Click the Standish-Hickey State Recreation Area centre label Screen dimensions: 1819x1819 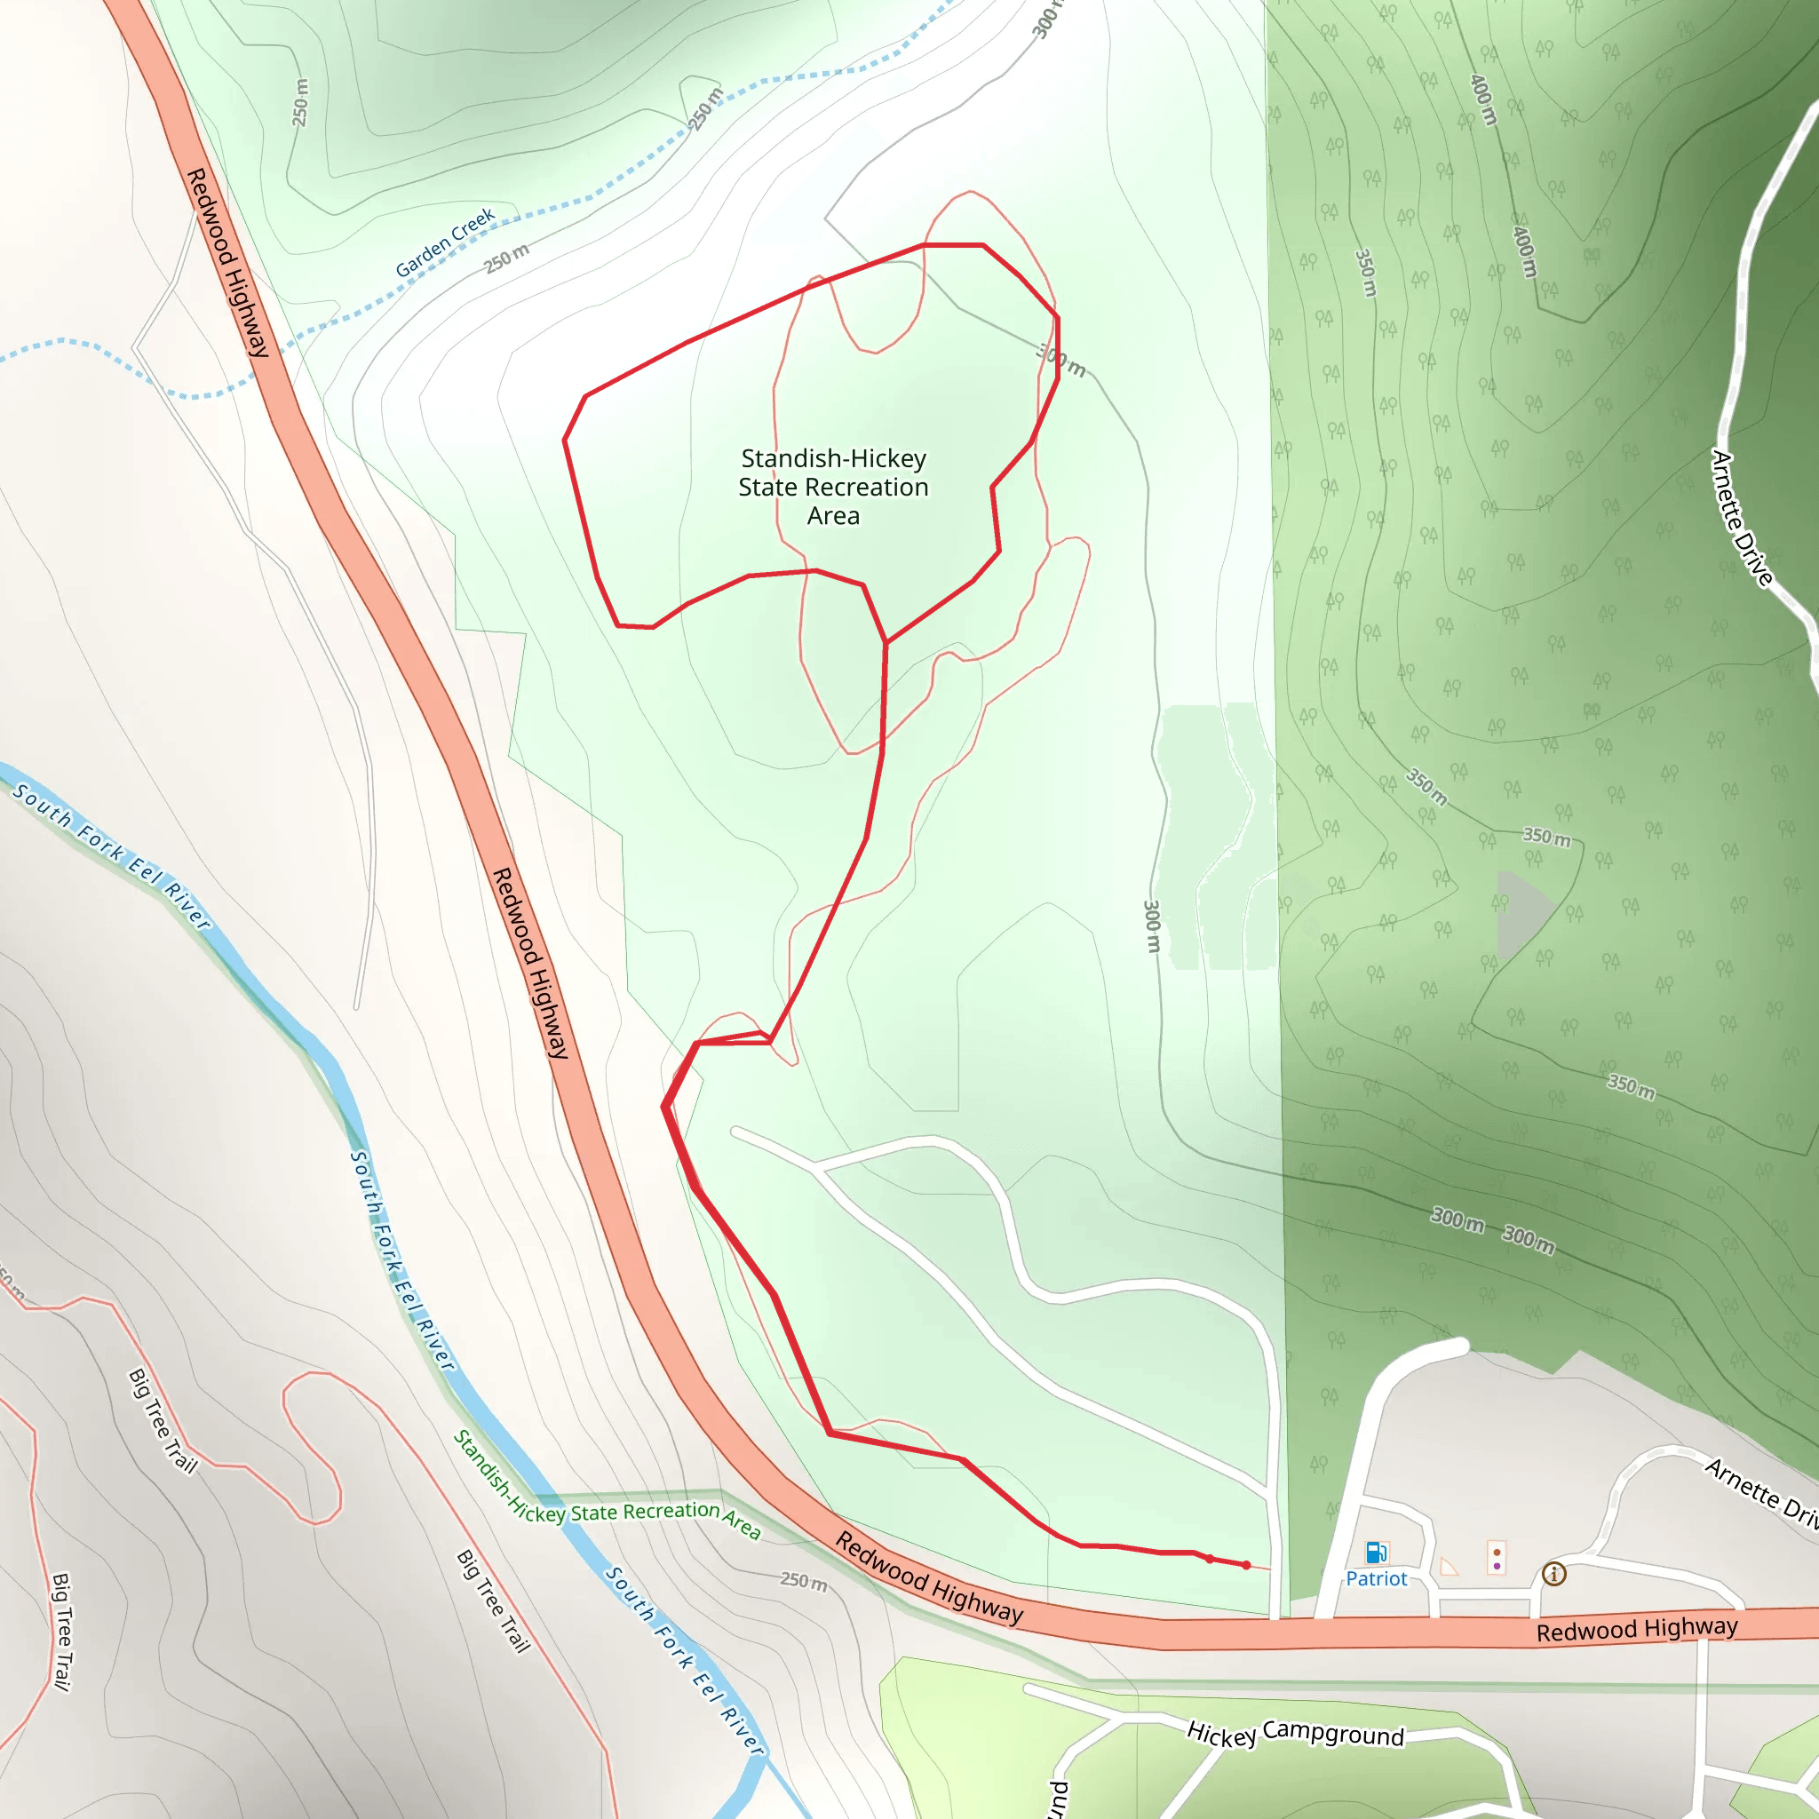point(833,487)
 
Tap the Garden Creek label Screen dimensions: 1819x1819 point(444,242)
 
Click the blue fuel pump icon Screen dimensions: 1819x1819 point(1376,1552)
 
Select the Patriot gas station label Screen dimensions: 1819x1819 point(1376,1579)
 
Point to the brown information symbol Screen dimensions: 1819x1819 point(1553,1573)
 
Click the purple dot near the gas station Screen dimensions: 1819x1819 point(1497,1566)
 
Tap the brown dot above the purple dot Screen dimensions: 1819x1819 point(1497,1553)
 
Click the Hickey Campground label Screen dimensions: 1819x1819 point(1295,1734)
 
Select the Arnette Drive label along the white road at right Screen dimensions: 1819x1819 point(1742,518)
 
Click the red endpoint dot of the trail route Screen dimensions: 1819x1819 point(1245,1565)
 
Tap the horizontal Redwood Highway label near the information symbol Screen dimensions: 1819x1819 point(1636,1629)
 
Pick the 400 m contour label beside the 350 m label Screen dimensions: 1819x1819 point(1524,250)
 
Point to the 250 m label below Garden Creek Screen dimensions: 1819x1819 point(506,258)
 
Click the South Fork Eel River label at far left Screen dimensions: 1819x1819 point(111,856)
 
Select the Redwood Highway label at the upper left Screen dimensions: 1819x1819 point(228,263)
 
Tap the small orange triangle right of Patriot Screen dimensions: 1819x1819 point(1449,1567)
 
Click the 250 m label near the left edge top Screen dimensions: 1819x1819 point(300,101)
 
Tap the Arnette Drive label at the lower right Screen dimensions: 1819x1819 point(1760,1491)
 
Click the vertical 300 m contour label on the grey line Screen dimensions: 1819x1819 point(1151,925)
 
